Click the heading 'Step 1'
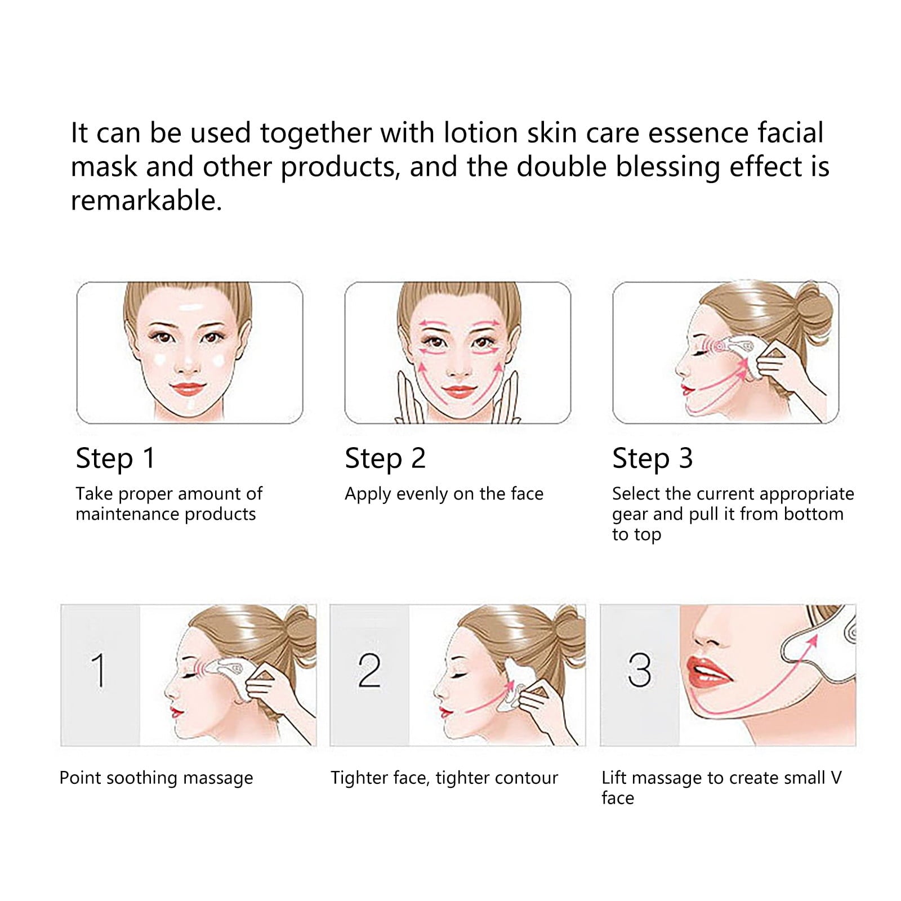[x=115, y=458]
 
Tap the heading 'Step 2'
[x=385, y=458]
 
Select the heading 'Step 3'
[x=653, y=458]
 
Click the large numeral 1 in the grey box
[x=99, y=670]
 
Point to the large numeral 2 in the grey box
[x=369, y=670]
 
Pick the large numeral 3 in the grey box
[x=639, y=670]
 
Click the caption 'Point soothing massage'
[x=156, y=778]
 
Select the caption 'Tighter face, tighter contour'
[x=444, y=778]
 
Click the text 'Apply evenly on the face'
[x=444, y=494]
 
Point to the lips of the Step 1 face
[x=189, y=389]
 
